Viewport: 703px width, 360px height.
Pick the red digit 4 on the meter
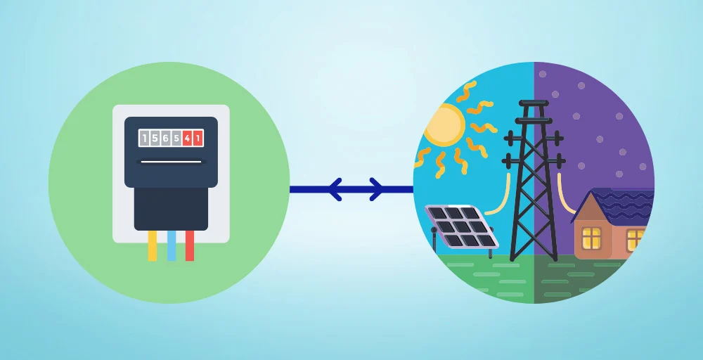[187, 139]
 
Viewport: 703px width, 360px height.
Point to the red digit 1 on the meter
[198, 139]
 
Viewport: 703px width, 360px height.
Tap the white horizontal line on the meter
[171, 162]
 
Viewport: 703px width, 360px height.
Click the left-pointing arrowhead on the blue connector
[334, 188]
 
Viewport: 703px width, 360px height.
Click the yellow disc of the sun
[443, 125]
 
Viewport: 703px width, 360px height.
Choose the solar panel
[461, 225]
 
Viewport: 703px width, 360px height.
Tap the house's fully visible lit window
[591, 237]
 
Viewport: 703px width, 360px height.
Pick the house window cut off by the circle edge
[636, 239]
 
